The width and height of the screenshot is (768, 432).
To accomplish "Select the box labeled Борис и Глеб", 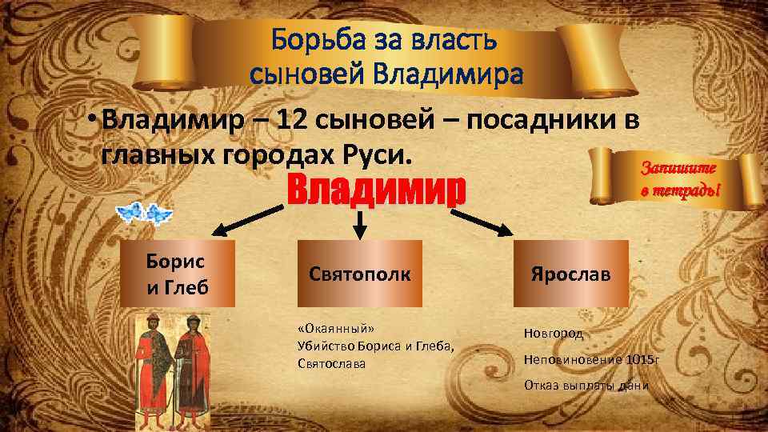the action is pos(176,274).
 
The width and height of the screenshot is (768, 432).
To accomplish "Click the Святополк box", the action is pos(360,274).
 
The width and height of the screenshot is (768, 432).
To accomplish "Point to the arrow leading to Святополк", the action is pos(360,225).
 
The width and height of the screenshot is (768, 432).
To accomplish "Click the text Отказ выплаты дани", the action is pos(586,386).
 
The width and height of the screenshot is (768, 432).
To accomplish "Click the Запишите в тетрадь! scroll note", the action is pos(679,179).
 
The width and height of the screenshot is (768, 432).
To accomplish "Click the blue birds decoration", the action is pos(145,213).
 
